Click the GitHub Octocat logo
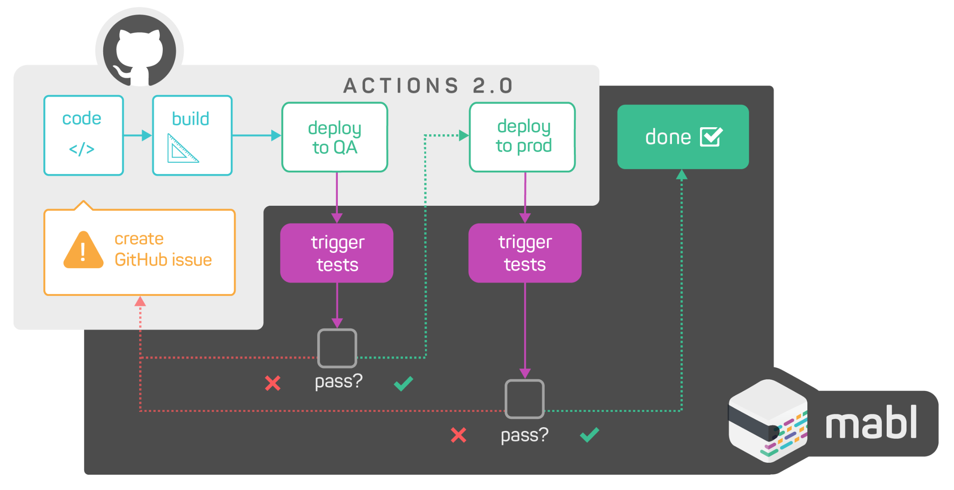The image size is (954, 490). [140, 50]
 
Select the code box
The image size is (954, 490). [84, 135]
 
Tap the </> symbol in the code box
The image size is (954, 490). [82, 149]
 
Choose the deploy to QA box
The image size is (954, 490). [335, 137]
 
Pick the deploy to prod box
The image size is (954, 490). [522, 137]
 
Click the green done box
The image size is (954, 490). [683, 137]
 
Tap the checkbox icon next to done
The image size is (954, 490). [711, 137]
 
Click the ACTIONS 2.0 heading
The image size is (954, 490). [428, 86]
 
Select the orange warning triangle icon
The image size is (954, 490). [83, 251]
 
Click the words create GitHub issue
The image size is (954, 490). [163, 250]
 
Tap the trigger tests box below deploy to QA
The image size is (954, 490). [337, 253]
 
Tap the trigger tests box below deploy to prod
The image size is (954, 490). [524, 253]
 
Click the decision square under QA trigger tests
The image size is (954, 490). [337, 348]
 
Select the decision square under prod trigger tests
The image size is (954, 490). [524, 399]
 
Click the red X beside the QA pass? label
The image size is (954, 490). [273, 383]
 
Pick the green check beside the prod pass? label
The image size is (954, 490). [589, 435]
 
